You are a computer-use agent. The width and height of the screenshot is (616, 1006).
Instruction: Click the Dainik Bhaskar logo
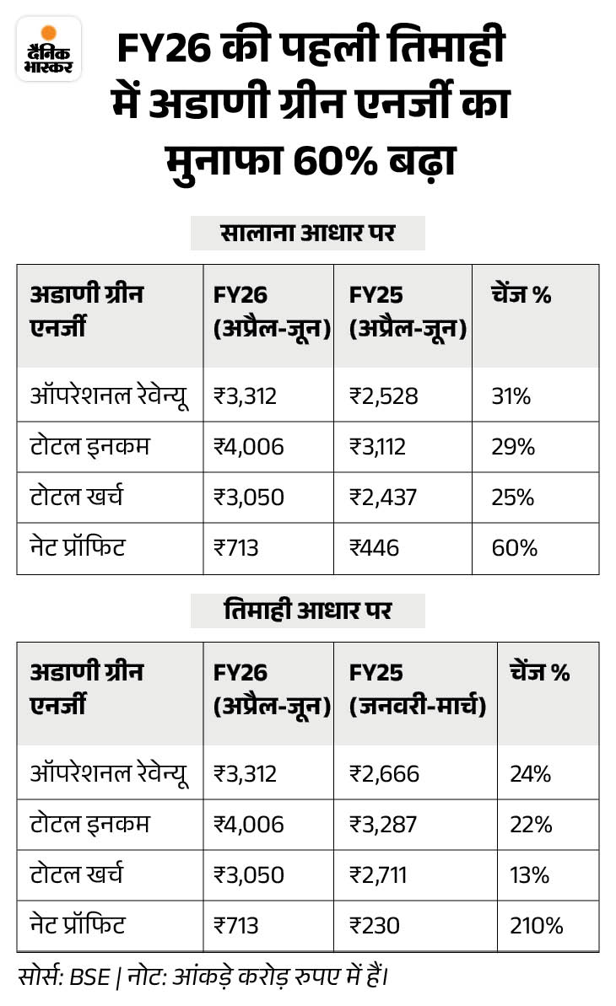point(49,49)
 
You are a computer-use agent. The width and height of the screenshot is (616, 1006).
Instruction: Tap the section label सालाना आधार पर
point(308,234)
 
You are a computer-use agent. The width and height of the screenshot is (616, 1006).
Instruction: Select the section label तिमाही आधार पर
point(308,611)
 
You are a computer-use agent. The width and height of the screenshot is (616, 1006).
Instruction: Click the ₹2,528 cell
point(383,395)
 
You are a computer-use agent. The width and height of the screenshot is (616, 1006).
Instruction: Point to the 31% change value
point(511,395)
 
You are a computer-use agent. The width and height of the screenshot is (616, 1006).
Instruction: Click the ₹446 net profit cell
point(374,548)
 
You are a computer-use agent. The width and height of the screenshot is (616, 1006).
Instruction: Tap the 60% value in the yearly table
point(514,548)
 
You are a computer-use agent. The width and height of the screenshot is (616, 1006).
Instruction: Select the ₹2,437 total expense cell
point(383,498)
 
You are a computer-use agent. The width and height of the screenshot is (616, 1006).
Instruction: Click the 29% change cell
point(513,447)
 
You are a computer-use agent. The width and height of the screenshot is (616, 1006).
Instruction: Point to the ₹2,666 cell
point(384,773)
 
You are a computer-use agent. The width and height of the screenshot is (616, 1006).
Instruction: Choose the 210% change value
point(536,926)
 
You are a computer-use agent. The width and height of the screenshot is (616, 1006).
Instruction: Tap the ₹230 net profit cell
point(374,926)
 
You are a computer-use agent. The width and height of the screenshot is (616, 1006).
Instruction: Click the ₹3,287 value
point(383,824)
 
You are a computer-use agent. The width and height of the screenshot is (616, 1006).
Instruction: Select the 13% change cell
point(530,875)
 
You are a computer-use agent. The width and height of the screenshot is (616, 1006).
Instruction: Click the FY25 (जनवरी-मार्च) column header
point(417,690)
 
